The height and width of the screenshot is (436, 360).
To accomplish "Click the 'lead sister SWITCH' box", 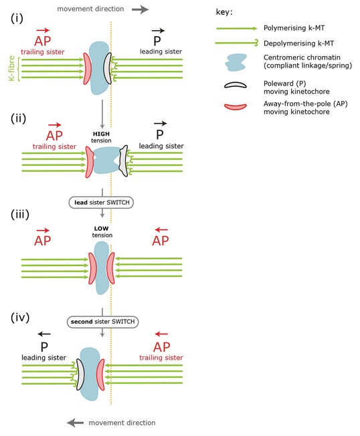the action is pyautogui.click(x=101, y=203).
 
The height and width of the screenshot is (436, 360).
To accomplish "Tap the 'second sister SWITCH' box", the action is pyautogui.click(x=102, y=322).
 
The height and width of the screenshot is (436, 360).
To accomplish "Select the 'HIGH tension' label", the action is pyautogui.click(x=101, y=137).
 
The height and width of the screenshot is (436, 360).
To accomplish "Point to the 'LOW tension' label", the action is pyautogui.click(x=102, y=231).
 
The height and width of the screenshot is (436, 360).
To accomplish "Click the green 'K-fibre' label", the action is pyautogui.click(x=11, y=68).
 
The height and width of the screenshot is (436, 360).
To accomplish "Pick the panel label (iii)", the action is pyautogui.click(x=20, y=215).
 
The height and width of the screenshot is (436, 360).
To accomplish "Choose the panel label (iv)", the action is pyautogui.click(x=20, y=318).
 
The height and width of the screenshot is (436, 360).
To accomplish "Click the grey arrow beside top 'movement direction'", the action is pyautogui.click(x=141, y=9).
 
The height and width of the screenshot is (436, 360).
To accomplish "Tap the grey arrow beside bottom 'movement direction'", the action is pyautogui.click(x=75, y=423).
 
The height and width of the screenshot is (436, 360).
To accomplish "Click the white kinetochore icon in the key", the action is pyautogui.click(x=236, y=85).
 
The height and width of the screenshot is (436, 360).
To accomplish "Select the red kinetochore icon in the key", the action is pyautogui.click(x=236, y=106).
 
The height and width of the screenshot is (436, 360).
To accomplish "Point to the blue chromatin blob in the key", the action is pyautogui.click(x=236, y=62).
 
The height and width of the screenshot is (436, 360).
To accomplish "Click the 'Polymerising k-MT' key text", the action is pyautogui.click(x=294, y=28).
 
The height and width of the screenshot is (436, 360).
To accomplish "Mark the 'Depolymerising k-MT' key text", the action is pyautogui.click(x=298, y=43).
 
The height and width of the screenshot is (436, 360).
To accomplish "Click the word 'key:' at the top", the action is pyautogui.click(x=224, y=12).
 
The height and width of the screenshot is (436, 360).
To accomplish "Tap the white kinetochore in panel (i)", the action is pyautogui.click(x=107, y=68).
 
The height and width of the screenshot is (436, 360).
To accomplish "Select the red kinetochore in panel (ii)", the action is pyautogui.click(x=90, y=162).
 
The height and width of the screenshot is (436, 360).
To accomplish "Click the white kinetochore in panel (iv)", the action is pyautogui.click(x=80, y=374).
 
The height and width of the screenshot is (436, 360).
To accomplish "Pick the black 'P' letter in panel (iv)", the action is pyautogui.click(x=44, y=347).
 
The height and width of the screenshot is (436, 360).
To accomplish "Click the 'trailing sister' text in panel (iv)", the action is pyautogui.click(x=161, y=358).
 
